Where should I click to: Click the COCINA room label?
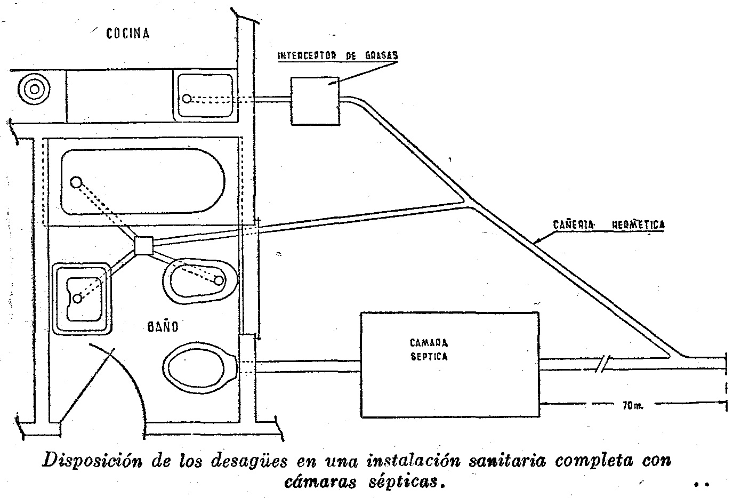point(127,34)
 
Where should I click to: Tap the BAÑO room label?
point(163,326)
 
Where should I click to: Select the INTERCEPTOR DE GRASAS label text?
point(337,55)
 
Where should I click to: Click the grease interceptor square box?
point(315,101)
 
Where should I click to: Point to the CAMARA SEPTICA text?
point(429,349)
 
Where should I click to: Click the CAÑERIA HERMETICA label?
point(609,224)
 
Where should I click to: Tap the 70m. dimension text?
point(633,406)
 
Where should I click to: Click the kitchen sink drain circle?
point(187,98)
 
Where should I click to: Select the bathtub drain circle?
point(76,182)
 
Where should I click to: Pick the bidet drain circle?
point(219,280)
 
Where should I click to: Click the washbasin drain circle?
point(77,299)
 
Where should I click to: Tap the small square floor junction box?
point(143,245)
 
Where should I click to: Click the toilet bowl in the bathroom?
point(199,368)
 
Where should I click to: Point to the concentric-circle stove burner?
point(34,89)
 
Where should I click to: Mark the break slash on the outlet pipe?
point(604,364)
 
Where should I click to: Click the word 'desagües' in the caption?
point(249,461)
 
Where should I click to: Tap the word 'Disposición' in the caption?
point(92,461)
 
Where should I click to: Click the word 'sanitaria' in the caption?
point(508,461)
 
